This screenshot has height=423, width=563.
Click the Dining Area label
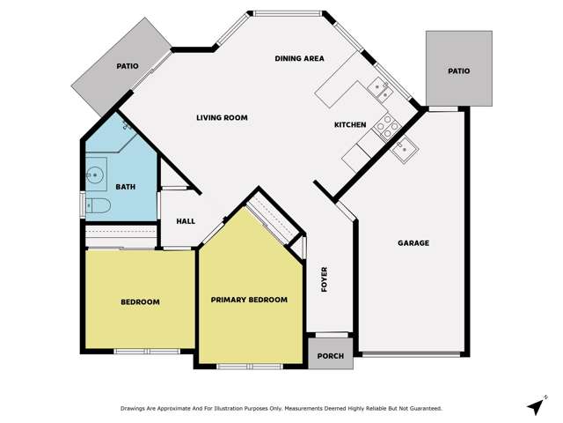[299, 59]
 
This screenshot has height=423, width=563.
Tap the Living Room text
[221, 117]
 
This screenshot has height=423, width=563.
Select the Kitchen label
[349, 125]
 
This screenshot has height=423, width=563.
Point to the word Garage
[413, 243]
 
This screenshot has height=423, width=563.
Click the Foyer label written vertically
[324, 279]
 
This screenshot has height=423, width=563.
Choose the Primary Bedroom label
[249, 300]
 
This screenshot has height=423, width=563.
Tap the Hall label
[186, 221]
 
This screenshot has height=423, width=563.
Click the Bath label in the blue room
[126, 187]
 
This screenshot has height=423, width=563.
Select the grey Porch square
[330, 355]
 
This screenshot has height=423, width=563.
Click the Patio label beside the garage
[457, 71]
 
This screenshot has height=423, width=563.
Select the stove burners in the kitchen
[385, 126]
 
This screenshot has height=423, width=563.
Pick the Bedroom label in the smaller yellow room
[140, 302]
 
